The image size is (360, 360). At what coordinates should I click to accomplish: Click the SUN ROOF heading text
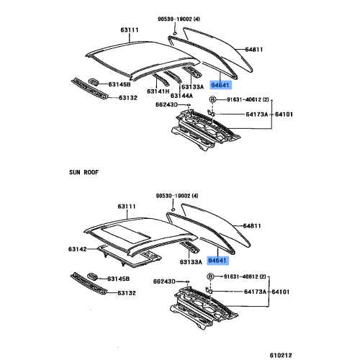pyautogui.click(x=84, y=172)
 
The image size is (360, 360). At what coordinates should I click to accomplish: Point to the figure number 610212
pyautogui.click(x=281, y=355)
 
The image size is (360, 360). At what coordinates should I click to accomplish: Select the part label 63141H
pyautogui.click(x=158, y=91)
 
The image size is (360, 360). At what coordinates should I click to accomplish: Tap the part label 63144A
pyautogui.click(x=181, y=96)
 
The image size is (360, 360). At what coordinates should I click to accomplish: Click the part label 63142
pyautogui.click(x=77, y=249)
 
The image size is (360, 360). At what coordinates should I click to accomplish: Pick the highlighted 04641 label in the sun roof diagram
pyautogui.click(x=217, y=261)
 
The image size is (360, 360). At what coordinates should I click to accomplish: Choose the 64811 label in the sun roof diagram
pyautogui.click(x=252, y=226)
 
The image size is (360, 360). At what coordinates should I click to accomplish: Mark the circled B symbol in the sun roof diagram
pyautogui.click(x=210, y=276)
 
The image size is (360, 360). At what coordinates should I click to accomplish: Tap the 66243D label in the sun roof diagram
pyautogui.click(x=164, y=282)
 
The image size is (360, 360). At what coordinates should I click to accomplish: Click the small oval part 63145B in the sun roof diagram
pyautogui.click(x=92, y=276)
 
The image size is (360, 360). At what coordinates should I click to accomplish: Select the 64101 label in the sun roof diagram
pyautogui.click(x=280, y=292)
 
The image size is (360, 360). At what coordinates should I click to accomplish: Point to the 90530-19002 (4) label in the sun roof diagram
pyautogui.click(x=177, y=196)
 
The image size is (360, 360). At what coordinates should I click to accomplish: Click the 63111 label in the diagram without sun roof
pyautogui.click(x=130, y=30)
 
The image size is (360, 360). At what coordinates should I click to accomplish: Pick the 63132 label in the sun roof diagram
pyautogui.click(x=127, y=293)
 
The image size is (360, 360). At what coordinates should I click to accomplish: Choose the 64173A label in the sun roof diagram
pyautogui.click(x=255, y=292)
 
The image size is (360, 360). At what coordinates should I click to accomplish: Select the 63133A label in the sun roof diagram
pyautogui.click(x=191, y=262)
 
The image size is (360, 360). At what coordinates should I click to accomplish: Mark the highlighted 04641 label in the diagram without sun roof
pyautogui.click(x=220, y=85)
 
